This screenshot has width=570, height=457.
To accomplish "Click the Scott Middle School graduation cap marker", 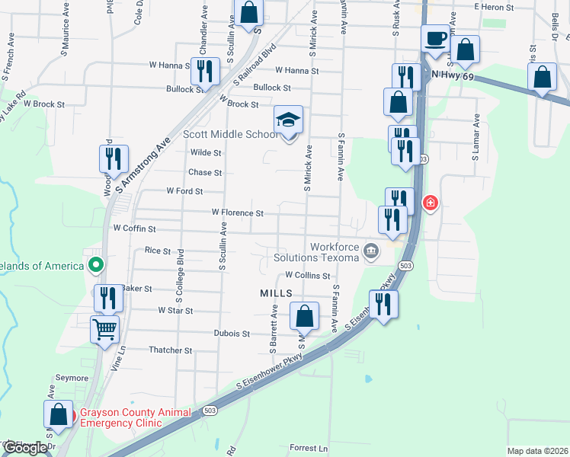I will pos(289,121).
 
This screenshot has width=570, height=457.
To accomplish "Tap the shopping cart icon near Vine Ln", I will pos(104,330).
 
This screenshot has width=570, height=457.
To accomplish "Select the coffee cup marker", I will pos(436,38).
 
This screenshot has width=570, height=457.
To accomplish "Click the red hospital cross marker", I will pos(431,203).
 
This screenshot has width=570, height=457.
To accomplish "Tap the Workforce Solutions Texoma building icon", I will pos(370,251).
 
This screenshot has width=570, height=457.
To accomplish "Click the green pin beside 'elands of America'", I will pos(95,266).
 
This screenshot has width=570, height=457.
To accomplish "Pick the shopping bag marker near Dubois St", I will pos(304,316).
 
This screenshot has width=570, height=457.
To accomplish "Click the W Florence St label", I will pos(237,213).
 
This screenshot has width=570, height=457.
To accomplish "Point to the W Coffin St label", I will pos(134,228).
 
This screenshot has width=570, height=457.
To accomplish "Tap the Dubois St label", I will pos(232,334).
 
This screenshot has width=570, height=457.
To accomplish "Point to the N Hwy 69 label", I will pos(453,75).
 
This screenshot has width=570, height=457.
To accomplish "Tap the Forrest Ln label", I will pos(309,449).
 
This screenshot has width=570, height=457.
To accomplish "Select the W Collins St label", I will pos(307,276).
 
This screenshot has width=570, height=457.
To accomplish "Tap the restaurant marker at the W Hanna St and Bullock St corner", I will pos(205,72).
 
